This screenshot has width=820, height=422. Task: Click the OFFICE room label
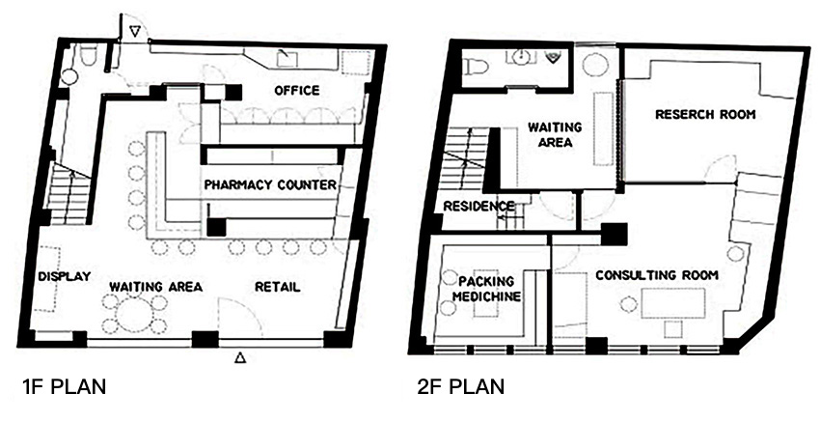(296, 91)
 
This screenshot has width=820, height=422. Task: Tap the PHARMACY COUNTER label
(270, 184)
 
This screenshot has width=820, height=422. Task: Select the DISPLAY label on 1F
(65, 276)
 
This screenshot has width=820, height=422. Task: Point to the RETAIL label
(277, 287)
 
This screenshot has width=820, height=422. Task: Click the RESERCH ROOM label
(705, 114)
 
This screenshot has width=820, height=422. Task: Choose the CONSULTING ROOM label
(657, 275)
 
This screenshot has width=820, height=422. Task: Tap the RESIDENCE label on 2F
(478, 207)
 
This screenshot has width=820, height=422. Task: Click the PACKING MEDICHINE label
(486, 289)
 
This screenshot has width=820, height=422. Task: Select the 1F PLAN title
(64, 387)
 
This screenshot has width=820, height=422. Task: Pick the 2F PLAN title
(461, 387)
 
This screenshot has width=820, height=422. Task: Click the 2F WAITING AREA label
(555, 134)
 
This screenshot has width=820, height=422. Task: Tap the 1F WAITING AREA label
(155, 287)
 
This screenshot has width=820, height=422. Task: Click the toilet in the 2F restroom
(476, 66)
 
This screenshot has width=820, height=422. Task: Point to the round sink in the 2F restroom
(520, 57)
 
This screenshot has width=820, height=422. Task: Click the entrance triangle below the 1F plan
(239, 358)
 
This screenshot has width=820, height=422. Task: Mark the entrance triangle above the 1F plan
(135, 33)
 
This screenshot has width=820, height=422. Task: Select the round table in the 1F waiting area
(134, 314)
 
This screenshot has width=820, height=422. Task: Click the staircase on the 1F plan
(69, 193)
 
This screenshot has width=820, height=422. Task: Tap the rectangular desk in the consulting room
(673, 302)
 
